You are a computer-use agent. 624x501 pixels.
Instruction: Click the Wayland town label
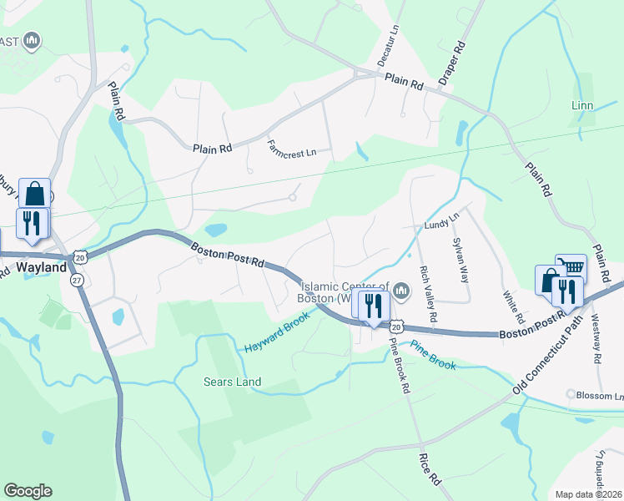coord(41,268)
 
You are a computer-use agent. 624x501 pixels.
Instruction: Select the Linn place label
coord(581,106)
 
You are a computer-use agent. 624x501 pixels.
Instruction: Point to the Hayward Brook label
coord(277,332)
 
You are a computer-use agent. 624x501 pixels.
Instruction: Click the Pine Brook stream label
coord(432,355)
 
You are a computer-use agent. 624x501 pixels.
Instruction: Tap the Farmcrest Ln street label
coord(292,148)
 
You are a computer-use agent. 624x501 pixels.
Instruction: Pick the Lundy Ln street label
coord(441,224)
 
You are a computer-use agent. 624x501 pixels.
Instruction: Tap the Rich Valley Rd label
coord(428,294)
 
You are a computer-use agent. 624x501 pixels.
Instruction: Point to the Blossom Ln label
coord(601,396)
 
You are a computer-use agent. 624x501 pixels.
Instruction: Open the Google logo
coord(28,491)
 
